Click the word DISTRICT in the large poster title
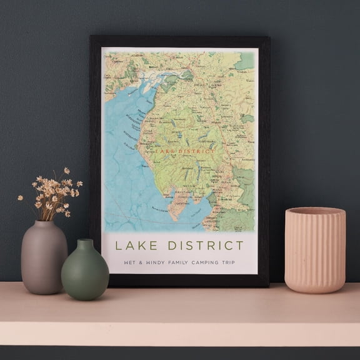click(204, 245)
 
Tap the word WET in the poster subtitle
click(129, 262)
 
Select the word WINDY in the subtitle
click(154, 262)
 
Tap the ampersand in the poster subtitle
click(140, 262)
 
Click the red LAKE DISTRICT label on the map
click(184, 151)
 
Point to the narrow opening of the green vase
click(85, 241)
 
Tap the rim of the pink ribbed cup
click(315, 211)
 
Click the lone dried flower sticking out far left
click(20, 198)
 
